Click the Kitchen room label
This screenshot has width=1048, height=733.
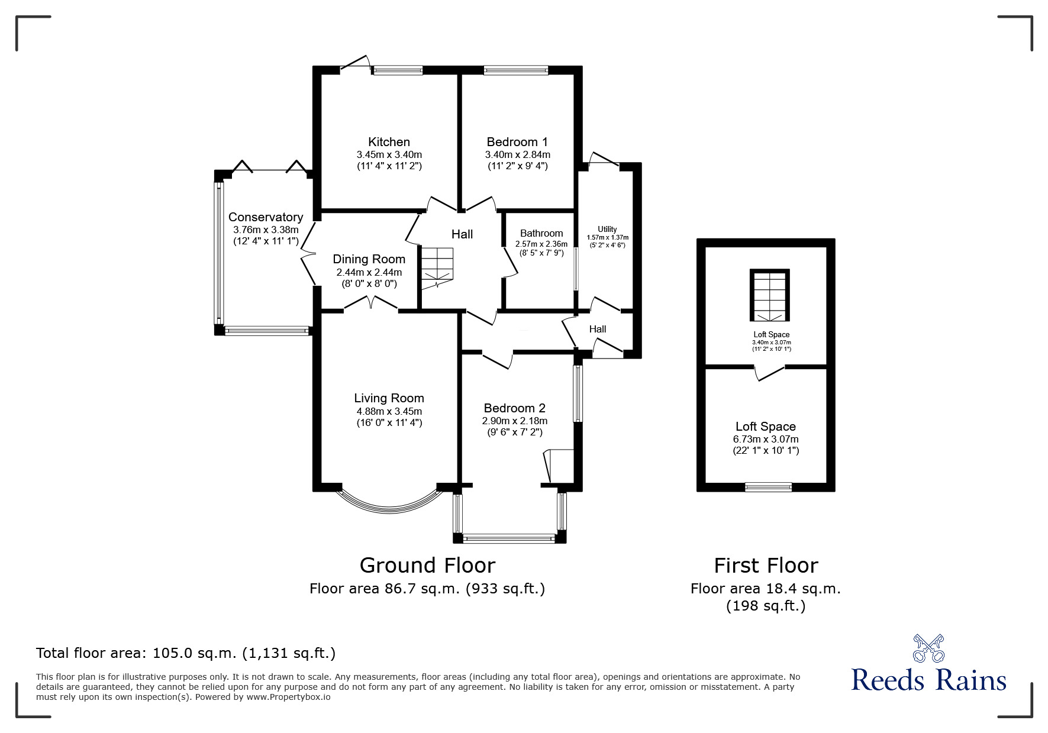click(389, 142)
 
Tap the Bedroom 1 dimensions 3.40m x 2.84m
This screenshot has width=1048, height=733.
click(517, 155)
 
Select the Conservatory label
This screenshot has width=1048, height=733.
click(266, 217)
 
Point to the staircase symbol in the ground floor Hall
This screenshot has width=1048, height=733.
click(437, 267)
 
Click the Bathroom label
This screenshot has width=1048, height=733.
click(541, 233)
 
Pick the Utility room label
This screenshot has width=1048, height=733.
click(607, 229)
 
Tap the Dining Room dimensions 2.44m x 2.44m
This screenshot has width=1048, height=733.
click(369, 273)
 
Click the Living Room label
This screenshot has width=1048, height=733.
click(389, 398)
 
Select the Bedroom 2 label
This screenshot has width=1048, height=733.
click(514, 408)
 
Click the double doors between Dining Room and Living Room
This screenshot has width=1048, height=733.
click(370, 305)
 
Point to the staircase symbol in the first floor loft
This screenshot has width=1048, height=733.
click(770, 296)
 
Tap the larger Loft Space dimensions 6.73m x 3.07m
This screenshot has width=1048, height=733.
click(765, 439)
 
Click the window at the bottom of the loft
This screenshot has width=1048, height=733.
click(768, 487)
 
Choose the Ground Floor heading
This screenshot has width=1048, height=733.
click(427, 566)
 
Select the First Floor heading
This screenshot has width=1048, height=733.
click(766, 566)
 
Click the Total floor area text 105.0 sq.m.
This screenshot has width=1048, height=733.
click(186, 653)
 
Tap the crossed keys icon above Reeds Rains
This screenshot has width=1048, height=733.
click(928, 648)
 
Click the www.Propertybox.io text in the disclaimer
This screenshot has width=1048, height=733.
click(288, 697)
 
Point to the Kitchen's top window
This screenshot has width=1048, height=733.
click(398, 70)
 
